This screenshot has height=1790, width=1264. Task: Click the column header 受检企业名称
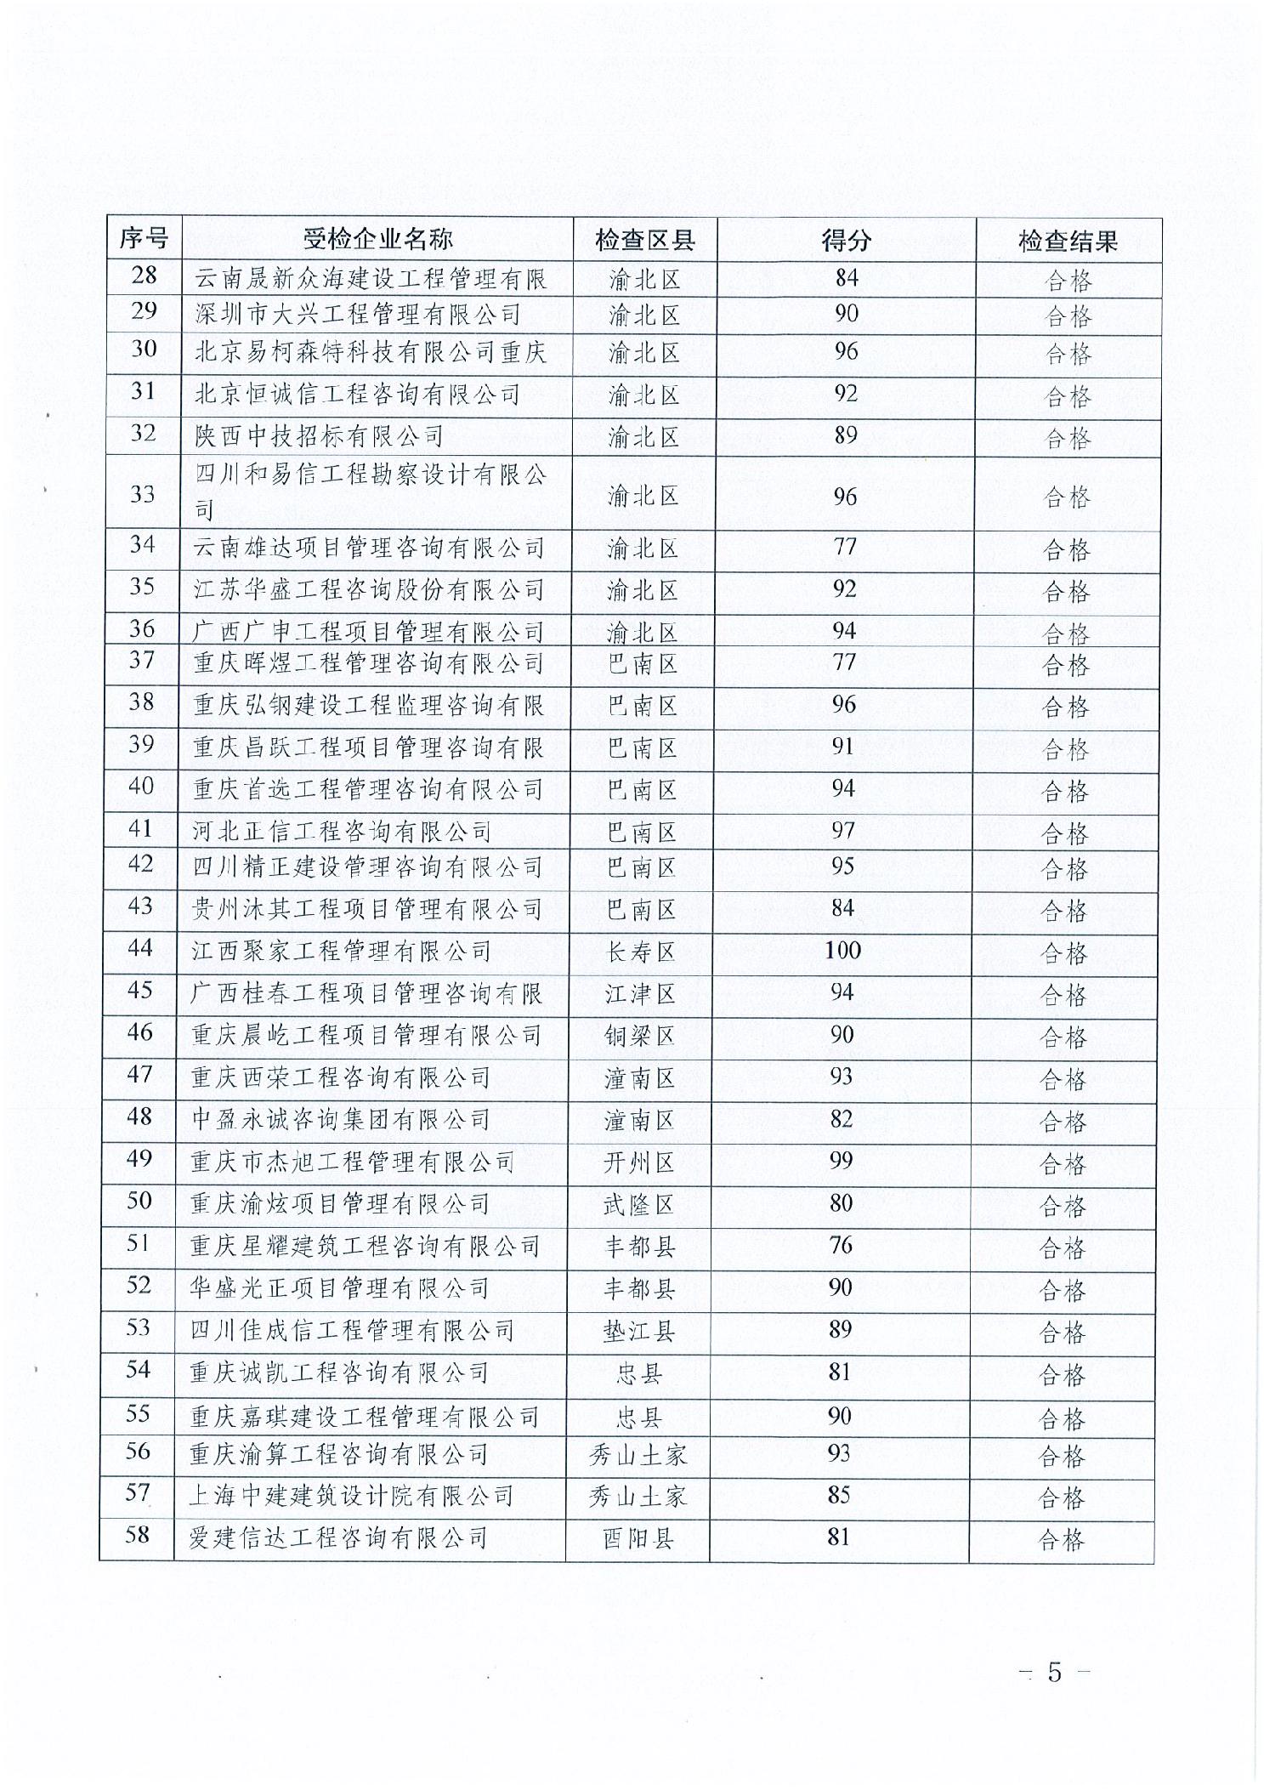click(x=377, y=240)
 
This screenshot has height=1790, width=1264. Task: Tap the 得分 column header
click(x=846, y=241)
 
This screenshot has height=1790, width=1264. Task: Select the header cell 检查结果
click(x=1068, y=242)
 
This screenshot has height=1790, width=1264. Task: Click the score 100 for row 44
click(x=842, y=951)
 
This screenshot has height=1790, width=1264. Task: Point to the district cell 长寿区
click(x=639, y=952)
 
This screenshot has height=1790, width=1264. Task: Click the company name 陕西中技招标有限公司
click(x=320, y=436)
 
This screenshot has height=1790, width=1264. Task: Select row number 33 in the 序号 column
click(x=142, y=493)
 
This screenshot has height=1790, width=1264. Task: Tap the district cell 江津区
click(x=639, y=994)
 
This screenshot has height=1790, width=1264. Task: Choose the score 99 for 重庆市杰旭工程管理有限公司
click(x=841, y=1162)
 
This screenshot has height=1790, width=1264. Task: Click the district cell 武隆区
click(x=638, y=1205)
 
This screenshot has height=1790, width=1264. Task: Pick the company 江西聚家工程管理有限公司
click(x=341, y=952)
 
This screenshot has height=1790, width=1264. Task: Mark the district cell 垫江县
click(x=638, y=1332)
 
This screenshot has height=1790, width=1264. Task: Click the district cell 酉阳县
click(x=638, y=1540)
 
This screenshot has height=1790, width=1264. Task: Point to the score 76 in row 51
click(x=840, y=1246)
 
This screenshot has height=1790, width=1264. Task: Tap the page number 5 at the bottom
click(x=1054, y=1673)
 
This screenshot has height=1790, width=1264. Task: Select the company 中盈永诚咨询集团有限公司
click(x=340, y=1120)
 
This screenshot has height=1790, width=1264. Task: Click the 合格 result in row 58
click(x=1062, y=1541)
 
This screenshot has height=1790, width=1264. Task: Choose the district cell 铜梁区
click(x=639, y=1037)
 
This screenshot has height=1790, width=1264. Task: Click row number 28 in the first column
click(x=144, y=276)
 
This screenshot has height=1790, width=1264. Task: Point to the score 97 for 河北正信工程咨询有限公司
click(x=842, y=830)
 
